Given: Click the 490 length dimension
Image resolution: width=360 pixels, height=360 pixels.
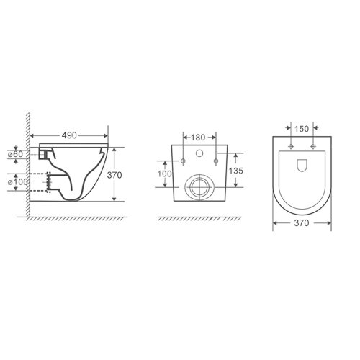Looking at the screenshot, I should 70,135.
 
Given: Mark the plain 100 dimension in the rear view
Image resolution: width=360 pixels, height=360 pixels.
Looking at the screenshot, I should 166,174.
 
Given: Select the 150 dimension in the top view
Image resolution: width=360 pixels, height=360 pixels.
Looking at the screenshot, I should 302,129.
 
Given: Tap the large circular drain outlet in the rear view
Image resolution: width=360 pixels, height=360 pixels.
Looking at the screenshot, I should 198,187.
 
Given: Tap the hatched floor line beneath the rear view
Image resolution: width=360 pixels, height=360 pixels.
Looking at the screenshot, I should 198,217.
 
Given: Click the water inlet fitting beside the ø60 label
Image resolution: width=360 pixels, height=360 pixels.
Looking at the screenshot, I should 48,153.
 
